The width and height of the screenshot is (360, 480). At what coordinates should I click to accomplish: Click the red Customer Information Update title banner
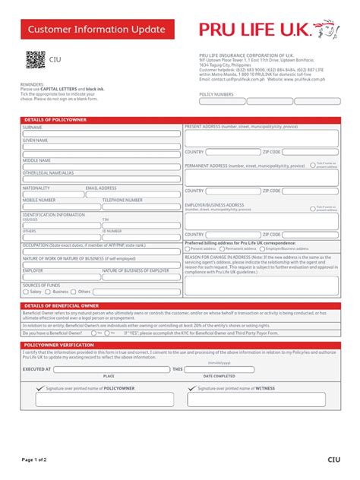point(96,30)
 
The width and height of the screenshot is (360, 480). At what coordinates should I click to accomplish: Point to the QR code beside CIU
point(36,58)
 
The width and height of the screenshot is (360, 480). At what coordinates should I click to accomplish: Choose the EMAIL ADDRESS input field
point(133,194)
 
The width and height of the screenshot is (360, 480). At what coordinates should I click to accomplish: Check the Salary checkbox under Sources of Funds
point(26,291)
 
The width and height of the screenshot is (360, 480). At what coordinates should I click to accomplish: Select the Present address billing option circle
point(188,248)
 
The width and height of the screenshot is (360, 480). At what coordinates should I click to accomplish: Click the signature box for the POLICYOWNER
point(96,399)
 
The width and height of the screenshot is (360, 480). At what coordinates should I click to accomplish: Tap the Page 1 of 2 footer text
point(35,459)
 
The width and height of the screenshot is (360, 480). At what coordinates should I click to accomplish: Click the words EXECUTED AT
point(37,369)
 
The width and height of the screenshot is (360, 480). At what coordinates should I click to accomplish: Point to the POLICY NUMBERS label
point(216,94)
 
